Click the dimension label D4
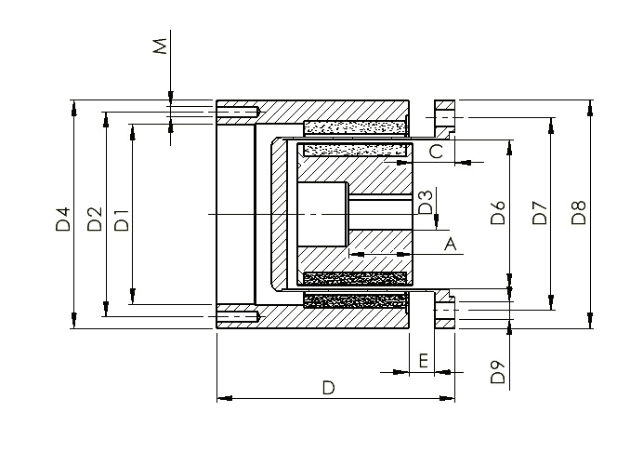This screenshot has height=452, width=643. click(63, 219)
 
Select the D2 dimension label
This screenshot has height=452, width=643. click(95, 219)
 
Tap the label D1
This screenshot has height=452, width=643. click(122, 220)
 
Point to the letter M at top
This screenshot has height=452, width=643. click(161, 46)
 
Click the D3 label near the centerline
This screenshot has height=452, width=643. click(426, 203)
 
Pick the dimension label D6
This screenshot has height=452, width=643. click(498, 212)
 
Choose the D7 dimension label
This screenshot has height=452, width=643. click(540, 212)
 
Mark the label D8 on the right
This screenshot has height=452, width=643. click(579, 212)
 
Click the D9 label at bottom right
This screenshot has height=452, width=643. click(498, 372)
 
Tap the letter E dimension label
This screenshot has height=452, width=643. click(424, 361)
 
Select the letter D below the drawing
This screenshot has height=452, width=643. click(329, 388)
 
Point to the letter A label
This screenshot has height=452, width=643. click(451, 244)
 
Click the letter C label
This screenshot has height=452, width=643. click(437, 152)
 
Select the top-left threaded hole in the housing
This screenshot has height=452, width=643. click(237, 112)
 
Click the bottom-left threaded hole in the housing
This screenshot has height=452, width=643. click(237, 316)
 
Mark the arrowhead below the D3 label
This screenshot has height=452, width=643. click(437, 222)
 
